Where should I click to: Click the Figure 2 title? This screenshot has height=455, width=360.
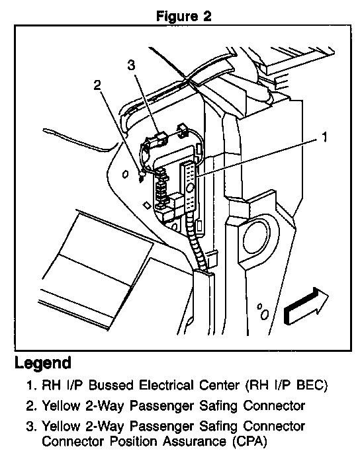point(184,16)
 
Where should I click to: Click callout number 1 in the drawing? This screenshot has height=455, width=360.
point(324,137)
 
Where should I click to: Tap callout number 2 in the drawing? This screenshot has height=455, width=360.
point(97,85)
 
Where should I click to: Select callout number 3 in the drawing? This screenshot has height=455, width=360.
point(131,65)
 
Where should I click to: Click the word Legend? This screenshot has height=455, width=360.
point(43,362)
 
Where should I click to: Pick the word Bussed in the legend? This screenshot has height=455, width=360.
point(111,386)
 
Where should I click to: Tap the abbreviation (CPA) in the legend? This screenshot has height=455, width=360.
point(249,441)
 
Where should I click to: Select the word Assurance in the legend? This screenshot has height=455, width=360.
point(194,441)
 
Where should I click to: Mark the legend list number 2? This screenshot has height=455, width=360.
point(30,406)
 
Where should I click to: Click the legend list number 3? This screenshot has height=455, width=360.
point(30,427)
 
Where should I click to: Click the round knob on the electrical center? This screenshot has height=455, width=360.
point(190,188)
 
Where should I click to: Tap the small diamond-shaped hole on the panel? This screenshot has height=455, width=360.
point(147,206)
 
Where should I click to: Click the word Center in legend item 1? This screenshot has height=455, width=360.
point(219,386)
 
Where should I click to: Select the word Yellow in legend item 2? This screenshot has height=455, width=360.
point(61,406)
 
